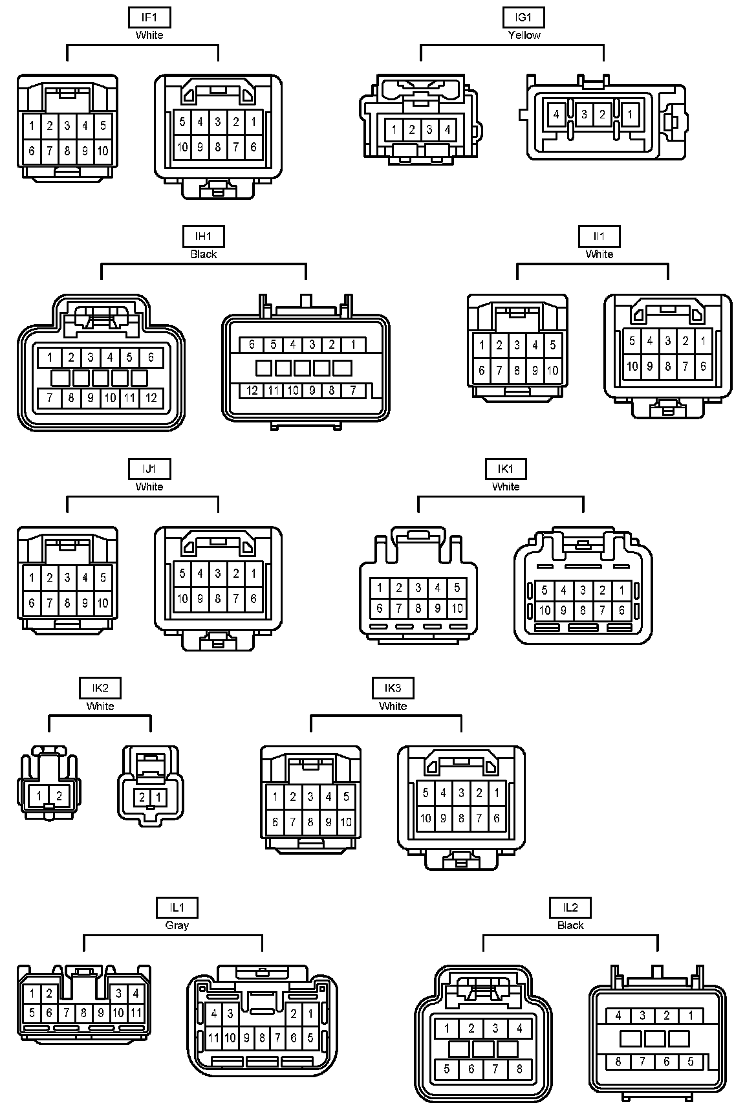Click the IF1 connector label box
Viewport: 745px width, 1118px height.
pyautogui.click(x=149, y=17)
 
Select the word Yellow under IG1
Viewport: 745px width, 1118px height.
pyautogui.click(x=524, y=35)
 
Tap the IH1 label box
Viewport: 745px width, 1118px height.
pyautogui.click(x=204, y=237)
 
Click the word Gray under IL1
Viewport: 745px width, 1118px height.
pyautogui.click(x=177, y=925)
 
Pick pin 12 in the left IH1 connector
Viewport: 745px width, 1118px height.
pyautogui.click(x=151, y=398)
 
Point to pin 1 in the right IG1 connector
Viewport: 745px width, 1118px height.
pyautogui.click(x=630, y=115)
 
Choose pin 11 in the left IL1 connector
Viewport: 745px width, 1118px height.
pyautogui.click(x=136, y=1013)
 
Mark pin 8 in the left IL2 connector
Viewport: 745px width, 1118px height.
pyautogui.click(x=519, y=1069)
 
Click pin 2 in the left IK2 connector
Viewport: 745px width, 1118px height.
pyautogui.click(x=59, y=796)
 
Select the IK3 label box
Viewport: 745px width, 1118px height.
pyautogui.click(x=393, y=688)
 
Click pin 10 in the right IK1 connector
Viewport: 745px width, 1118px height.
pyautogui.click(x=545, y=609)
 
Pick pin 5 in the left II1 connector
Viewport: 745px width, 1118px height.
pyautogui.click(x=553, y=345)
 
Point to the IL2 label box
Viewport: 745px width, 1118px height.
pyautogui.click(x=570, y=908)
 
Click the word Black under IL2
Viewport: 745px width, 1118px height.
pyautogui.click(x=570, y=925)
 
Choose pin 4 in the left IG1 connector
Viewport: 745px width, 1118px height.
pyautogui.click(x=447, y=130)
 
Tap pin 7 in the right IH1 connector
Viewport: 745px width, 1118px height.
pyautogui.click(x=353, y=390)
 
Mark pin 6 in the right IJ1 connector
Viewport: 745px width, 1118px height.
pyautogui.click(x=254, y=598)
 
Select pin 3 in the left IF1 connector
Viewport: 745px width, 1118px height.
pyautogui.click(x=67, y=126)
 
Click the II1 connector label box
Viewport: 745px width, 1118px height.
pyautogui.click(x=599, y=237)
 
